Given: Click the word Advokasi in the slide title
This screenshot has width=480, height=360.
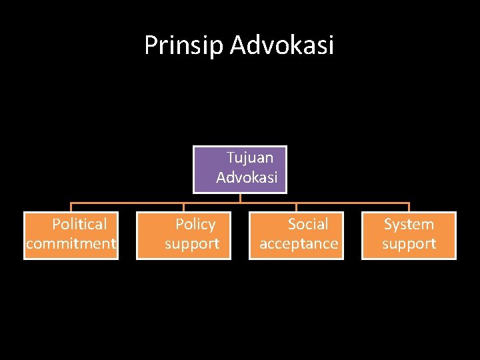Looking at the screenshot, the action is [282, 45].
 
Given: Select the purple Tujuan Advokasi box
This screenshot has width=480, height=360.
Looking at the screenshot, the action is [240, 169].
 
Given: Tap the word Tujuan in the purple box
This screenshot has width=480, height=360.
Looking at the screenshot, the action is [249, 158].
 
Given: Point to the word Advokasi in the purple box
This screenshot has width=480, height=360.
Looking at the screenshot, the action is [247, 178].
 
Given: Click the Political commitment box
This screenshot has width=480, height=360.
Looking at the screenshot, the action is [71, 235].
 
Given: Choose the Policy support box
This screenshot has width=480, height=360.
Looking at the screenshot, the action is [183, 235].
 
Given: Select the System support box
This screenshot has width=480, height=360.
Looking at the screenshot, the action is [409, 235].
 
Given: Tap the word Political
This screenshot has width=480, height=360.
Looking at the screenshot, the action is [79, 224].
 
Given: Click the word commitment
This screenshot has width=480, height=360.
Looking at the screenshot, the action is [71, 244].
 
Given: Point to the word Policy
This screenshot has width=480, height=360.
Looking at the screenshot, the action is [195, 224].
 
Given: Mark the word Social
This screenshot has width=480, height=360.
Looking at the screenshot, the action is [307, 224].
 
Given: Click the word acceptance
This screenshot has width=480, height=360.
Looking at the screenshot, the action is [299, 244].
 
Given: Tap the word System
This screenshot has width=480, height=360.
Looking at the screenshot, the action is [409, 224].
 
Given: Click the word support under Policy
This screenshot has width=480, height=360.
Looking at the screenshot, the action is [192, 244].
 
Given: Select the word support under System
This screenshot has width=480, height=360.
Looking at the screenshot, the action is [409, 244].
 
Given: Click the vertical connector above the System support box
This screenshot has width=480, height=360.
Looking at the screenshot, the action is [409, 207].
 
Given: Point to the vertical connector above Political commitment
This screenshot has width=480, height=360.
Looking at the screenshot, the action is [71, 207].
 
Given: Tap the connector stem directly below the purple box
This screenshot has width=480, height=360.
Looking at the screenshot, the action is [240, 198].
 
